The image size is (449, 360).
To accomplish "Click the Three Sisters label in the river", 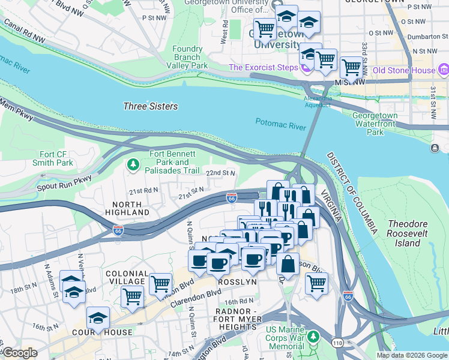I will (150, 106).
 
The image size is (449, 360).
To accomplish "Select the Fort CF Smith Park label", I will (56, 158).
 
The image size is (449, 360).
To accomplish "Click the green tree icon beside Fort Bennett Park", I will (133, 163).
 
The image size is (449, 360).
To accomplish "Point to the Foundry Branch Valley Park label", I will (187, 57).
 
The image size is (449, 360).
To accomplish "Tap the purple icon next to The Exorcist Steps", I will (306, 68).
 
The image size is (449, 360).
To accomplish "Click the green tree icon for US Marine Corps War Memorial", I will (312, 338).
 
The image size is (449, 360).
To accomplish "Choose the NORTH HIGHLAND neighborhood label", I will (123, 208).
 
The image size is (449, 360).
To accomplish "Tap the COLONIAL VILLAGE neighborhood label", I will (125, 277).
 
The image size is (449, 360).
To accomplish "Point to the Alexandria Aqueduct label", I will (317, 101).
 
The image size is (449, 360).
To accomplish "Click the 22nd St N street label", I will (220, 173).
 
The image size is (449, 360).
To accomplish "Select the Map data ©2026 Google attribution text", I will (412, 355).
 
